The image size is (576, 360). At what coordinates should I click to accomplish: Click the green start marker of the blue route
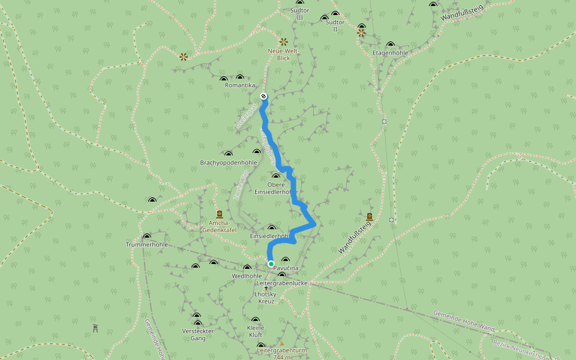[271, 264]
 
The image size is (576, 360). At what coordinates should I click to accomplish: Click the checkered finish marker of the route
[263, 97]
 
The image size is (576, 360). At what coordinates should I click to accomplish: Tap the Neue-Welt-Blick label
[283, 55]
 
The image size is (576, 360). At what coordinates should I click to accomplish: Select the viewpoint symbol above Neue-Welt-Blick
[283, 42]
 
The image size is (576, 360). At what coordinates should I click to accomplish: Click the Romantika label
[240, 85]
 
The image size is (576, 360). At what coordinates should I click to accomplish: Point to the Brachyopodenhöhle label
[229, 163]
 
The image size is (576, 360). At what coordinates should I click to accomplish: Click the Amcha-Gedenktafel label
[218, 226]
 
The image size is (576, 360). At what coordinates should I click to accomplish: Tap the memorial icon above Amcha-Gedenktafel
[219, 214]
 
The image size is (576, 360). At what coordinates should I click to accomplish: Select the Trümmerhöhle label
[147, 245]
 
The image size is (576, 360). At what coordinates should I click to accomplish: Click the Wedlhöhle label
[247, 276]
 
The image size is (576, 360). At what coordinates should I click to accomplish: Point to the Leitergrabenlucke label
[282, 283]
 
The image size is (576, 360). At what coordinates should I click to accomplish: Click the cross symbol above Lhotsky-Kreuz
[266, 288]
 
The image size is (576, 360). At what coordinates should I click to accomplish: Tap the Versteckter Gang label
[197, 334]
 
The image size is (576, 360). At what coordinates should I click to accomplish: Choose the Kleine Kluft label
[256, 331]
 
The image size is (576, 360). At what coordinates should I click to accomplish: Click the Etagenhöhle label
[391, 53]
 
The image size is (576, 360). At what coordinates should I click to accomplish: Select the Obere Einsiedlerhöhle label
[276, 188]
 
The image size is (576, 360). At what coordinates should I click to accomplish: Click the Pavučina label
[286, 268]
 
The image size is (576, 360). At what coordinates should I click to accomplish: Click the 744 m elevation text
[282, 357]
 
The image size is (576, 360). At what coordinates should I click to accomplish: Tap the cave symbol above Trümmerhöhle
[147, 236]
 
